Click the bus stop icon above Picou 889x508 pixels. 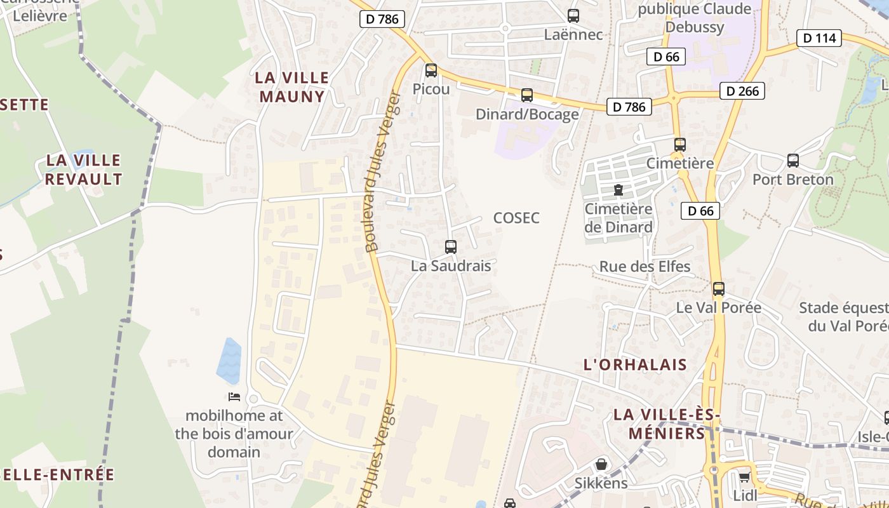(x=431, y=70)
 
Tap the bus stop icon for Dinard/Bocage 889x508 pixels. (x=526, y=95)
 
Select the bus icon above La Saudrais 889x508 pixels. (x=450, y=247)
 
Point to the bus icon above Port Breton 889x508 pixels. (x=792, y=161)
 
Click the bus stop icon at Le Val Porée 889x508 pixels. (x=718, y=289)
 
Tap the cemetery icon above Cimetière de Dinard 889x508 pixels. (x=618, y=189)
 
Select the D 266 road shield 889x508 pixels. (x=742, y=91)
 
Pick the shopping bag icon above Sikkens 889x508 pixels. (x=601, y=464)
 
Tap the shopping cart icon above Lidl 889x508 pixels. (x=744, y=476)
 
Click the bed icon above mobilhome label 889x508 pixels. (x=234, y=397)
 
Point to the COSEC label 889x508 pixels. (x=516, y=218)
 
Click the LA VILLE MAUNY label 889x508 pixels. (x=292, y=87)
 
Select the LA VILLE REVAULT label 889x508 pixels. (x=83, y=169)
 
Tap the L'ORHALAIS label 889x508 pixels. (x=635, y=364)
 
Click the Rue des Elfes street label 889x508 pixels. (x=645, y=266)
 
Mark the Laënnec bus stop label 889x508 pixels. (x=573, y=34)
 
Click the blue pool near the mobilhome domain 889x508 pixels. (x=229, y=361)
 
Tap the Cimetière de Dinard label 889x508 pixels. (x=618, y=218)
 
